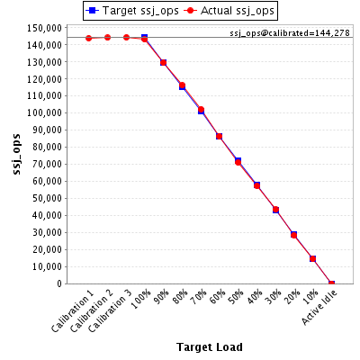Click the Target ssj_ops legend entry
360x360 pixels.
tap(132, 11)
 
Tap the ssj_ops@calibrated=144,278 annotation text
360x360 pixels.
tap(290, 32)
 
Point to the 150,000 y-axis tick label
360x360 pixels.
tap(45, 28)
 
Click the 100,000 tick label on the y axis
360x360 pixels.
tap(45, 113)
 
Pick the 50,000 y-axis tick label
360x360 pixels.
tap(47, 198)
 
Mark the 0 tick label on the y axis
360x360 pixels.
tap(59, 283)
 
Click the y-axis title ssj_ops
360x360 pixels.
tap(17, 154)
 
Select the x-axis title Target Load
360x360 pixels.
tap(210, 347)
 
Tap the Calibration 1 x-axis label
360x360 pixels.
tap(73, 311)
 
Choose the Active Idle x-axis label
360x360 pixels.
tap(319, 308)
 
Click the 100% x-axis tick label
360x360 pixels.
tap(141, 300)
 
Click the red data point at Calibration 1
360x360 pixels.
tap(88, 38)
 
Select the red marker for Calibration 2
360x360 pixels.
tap(107, 38)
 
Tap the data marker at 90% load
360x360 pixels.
tap(163, 63)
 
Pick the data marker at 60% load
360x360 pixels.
tap(220, 137)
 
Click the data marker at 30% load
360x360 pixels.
tap(275, 210)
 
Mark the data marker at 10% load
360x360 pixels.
tap(313, 258)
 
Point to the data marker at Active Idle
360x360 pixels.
tap(331, 283)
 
